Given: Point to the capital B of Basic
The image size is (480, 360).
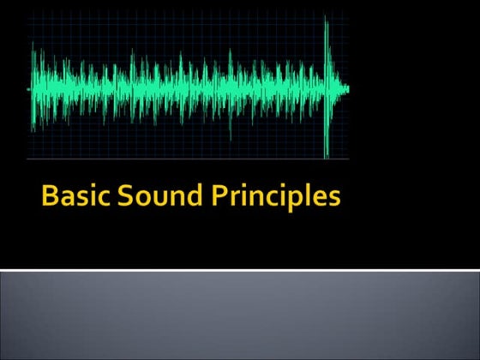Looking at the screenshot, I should (51, 197).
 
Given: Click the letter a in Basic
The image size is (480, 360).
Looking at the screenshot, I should (67, 200).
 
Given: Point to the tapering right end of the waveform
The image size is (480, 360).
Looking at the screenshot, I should (345, 88).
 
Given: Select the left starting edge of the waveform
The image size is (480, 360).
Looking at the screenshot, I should (33, 88).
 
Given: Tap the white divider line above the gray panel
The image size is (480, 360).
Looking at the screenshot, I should (240, 270).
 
